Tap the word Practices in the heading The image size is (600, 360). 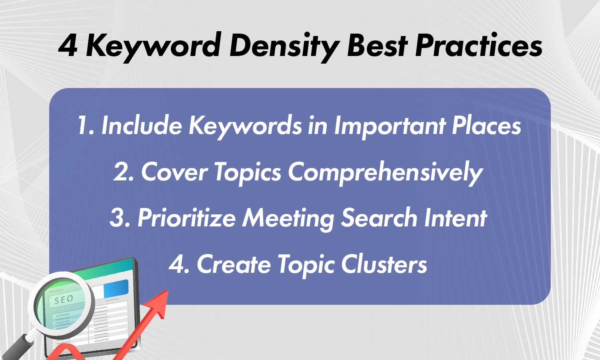479,45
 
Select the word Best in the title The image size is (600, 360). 377,45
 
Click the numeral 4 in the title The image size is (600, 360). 68,46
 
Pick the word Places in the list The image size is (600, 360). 486,126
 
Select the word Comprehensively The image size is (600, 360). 385,173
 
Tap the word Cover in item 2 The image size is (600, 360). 174,172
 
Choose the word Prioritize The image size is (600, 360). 186,218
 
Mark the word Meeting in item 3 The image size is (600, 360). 288,219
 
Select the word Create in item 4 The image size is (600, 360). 234,264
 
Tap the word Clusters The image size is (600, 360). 384,264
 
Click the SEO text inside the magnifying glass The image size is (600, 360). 64,300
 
